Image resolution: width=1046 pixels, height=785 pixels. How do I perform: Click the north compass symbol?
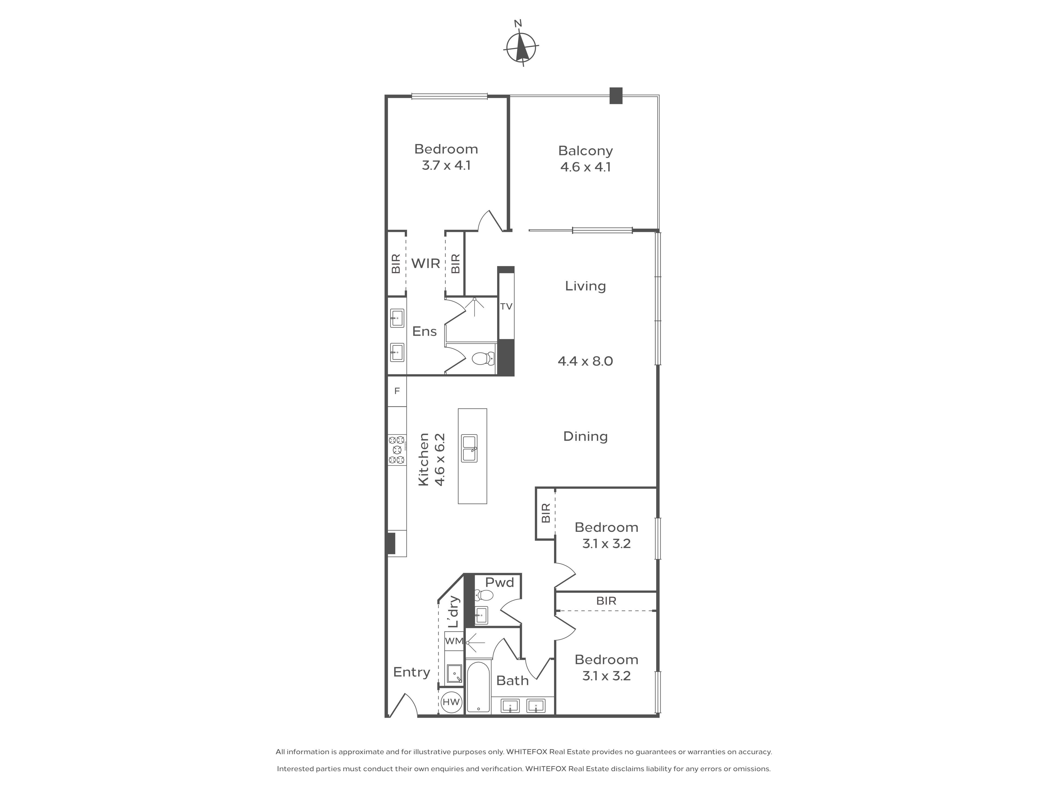(522, 46)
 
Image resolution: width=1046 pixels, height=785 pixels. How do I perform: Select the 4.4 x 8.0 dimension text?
(585, 361)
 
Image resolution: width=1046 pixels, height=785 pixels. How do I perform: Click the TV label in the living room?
(506, 306)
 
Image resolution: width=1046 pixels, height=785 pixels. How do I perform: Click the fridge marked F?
(397, 391)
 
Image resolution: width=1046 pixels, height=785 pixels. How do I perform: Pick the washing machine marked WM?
(454, 641)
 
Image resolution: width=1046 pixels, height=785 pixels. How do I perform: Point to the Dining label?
(585, 436)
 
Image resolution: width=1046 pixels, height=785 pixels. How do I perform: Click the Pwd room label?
(499, 582)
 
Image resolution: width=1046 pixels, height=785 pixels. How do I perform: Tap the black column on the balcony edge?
(616, 96)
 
